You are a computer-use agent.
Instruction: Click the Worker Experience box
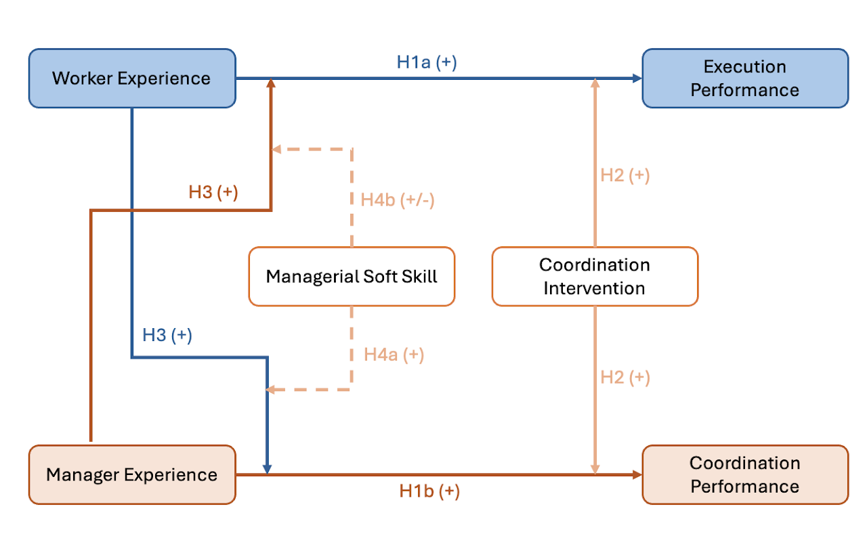132,78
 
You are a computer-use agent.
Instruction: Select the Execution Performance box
745,78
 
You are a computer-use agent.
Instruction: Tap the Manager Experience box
132,475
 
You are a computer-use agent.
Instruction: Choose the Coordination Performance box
745,475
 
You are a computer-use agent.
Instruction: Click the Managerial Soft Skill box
352,276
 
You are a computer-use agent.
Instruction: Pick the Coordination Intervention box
595,276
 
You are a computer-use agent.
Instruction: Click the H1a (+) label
427,62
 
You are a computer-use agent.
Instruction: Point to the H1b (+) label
429,491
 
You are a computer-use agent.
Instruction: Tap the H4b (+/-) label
398,200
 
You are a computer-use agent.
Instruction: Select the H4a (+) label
394,355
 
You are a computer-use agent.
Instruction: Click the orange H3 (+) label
213,193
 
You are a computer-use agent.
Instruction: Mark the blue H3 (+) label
167,335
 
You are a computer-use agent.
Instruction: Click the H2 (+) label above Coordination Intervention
625,175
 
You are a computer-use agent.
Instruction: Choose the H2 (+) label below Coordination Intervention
625,378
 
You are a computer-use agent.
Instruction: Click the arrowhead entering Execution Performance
637,78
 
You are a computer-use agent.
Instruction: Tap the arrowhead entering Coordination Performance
637,475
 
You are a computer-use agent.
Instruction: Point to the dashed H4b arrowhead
276,150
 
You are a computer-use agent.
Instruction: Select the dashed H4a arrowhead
270,390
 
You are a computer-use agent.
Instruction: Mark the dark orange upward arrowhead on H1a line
271,83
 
